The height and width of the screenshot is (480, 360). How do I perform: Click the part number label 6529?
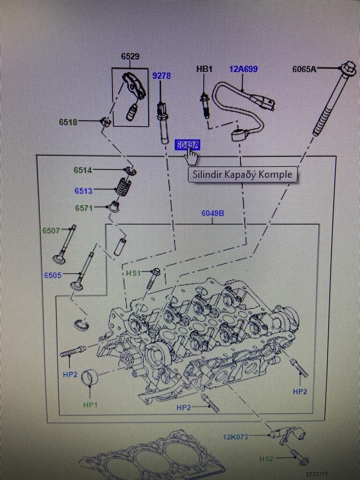coord(130,56)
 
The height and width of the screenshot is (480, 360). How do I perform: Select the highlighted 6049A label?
coord(187,145)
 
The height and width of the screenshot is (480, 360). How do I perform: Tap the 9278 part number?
coord(161,75)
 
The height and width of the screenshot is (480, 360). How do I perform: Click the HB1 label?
coord(204,69)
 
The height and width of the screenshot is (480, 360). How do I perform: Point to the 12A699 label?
coord(243,69)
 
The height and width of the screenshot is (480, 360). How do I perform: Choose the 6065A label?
coord(304,69)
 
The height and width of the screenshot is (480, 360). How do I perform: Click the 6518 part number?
coord(68,122)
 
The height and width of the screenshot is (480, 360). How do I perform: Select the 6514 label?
coord(82,170)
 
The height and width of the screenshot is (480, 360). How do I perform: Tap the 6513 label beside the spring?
coord(83,191)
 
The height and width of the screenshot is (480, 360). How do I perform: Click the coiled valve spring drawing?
coord(123,187)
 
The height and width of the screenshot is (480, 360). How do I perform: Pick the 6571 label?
coord(84,208)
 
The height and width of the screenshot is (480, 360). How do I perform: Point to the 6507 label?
coord(51,231)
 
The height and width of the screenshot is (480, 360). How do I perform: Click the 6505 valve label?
coord(53,275)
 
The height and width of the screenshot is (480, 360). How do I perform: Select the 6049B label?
coord(213,213)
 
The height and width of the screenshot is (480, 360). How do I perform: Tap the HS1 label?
coord(133,273)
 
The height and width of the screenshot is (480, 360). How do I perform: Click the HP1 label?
coord(90,404)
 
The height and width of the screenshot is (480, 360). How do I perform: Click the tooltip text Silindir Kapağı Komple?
coord(243,174)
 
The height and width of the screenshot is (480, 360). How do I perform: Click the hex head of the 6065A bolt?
coord(348,69)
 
